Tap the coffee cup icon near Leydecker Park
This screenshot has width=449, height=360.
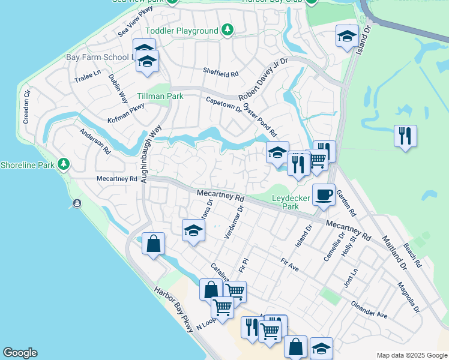coord(324,195)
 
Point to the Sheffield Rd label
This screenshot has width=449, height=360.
coord(220,73)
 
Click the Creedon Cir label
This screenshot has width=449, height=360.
coord(26,107)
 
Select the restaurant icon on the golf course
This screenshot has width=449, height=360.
coord(406,136)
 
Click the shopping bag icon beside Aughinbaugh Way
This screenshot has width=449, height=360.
coord(154,244)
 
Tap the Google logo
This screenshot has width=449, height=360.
coord(20,353)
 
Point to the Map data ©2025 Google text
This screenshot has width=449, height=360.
coord(411,355)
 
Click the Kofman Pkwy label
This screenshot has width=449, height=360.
coord(127,108)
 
